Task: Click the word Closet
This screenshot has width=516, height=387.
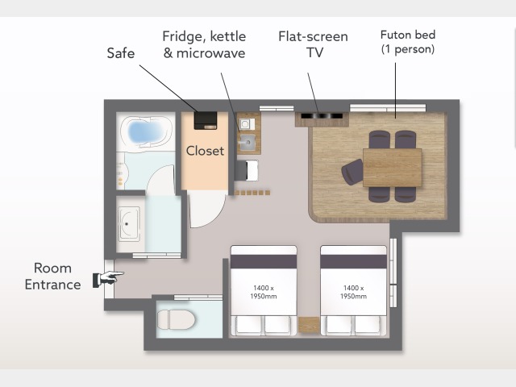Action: (205, 151)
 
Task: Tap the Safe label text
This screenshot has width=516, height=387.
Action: (121, 53)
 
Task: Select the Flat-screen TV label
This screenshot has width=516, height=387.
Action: (314, 44)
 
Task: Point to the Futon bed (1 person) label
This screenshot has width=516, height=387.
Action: (408, 42)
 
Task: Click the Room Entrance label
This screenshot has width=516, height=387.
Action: (52, 276)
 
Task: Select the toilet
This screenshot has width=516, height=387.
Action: (176, 319)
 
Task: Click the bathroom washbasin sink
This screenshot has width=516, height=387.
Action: (129, 224)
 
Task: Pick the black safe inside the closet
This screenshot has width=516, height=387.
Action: (206, 120)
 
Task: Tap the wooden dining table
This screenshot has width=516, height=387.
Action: (393, 168)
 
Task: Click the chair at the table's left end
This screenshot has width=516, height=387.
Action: (352, 171)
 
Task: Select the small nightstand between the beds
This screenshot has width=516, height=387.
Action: (309, 325)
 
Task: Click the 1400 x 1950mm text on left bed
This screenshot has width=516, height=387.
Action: (264, 292)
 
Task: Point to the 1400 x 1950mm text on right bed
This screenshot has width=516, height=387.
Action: (353, 292)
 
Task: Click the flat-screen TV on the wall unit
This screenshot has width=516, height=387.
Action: (322, 116)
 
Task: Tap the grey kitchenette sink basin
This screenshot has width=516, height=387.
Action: (248, 142)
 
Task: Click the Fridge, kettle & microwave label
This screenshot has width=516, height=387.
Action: (204, 45)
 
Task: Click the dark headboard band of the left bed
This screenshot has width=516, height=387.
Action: (264, 261)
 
